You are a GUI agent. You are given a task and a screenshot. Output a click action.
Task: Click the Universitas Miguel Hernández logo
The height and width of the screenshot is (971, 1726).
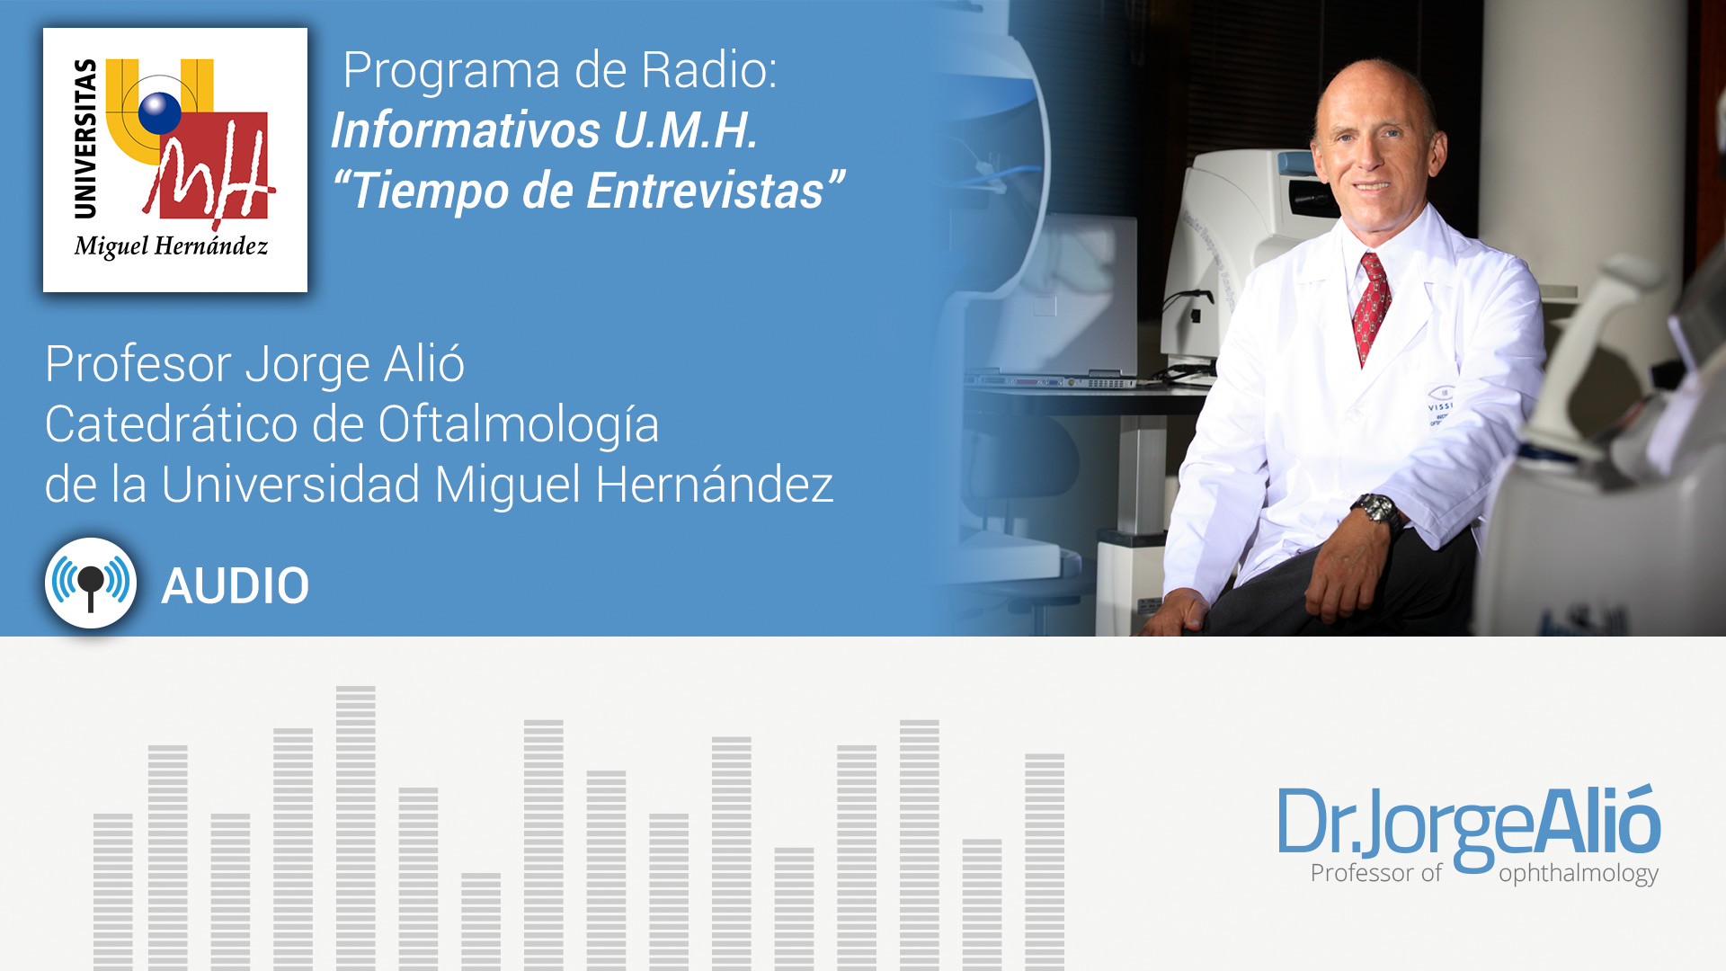(x=175, y=160)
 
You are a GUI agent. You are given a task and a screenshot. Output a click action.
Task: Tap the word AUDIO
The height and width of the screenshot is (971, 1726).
(x=236, y=586)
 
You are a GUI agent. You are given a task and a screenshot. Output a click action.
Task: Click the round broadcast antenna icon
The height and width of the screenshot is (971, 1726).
(x=91, y=583)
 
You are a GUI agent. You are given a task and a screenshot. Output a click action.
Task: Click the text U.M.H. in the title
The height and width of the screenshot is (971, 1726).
(x=686, y=130)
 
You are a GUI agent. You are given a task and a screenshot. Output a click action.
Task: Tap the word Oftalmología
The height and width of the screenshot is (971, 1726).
(x=519, y=426)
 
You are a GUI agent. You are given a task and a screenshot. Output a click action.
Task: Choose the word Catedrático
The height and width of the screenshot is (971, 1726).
(x=171, y=424)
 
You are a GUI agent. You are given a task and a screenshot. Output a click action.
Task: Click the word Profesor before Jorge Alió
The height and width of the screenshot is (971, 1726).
(x=138, y=364)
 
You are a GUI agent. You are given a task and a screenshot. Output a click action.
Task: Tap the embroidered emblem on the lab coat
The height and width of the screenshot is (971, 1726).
(x=1440, y=405)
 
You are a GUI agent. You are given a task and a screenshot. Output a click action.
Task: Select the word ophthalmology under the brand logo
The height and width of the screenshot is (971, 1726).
(x=1579, y=873)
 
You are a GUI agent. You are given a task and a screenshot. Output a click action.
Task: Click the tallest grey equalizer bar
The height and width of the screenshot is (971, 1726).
(x=356, y=828)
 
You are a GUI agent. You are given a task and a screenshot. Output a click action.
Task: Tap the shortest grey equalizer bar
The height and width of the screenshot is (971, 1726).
(x=481, y=922)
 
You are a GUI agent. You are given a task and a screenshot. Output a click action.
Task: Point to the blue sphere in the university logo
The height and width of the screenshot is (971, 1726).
(x=160, y=112)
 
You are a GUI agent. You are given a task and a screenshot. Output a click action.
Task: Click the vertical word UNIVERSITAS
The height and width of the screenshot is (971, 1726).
(x=85, y=138)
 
